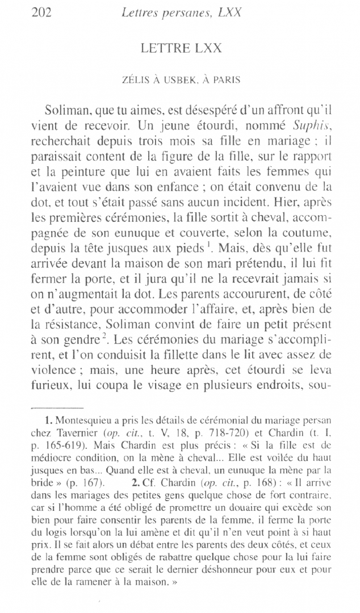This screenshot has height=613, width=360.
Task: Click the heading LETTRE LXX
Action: click(179, 49)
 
